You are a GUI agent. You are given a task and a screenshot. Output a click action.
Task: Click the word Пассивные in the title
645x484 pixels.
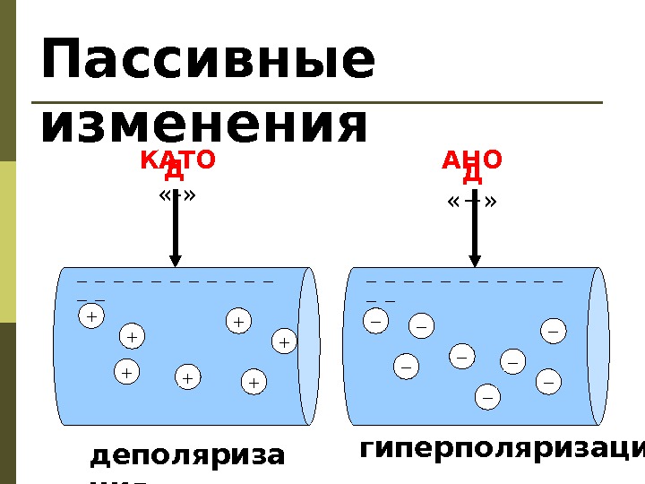[208, 61]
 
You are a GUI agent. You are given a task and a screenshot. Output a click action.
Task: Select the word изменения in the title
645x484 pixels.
[204, 125]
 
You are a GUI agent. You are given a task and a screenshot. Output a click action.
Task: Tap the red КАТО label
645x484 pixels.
[177, 160]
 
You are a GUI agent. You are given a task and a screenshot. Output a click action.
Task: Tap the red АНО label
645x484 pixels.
[472, 160]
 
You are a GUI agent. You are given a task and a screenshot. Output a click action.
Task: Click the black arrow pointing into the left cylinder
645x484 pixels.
[176, 229]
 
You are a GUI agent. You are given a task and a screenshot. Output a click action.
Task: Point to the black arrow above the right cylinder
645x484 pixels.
[474, 229]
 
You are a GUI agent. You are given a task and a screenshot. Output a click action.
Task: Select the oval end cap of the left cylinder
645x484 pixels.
[309, 345]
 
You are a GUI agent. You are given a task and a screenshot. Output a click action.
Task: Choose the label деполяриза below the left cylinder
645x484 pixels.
[187, 456]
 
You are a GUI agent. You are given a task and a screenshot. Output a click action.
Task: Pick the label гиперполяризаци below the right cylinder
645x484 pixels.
[502, 447]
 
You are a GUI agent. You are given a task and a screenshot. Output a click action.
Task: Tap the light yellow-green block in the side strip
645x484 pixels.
[8, 242]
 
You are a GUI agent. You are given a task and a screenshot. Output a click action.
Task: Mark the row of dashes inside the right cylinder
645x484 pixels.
[465, 281]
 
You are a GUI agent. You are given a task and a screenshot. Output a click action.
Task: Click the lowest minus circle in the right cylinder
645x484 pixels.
[487, 395]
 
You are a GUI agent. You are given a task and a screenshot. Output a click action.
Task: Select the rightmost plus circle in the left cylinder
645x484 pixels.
[283, 341]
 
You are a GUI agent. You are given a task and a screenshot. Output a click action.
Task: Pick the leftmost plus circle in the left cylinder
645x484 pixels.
[90, 316]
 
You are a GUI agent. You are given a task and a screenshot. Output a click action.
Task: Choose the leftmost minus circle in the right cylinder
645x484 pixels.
[375, 318]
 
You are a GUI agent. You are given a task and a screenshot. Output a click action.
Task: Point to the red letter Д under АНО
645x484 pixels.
[472, 174]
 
